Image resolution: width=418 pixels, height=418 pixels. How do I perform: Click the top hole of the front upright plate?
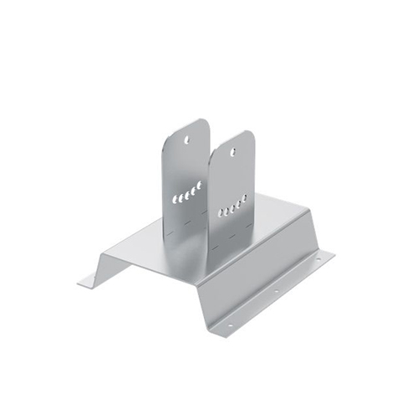tap(235, 144)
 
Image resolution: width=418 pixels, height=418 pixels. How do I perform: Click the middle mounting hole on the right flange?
tap(277, 292)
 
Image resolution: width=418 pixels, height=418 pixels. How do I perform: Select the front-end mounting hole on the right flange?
tap(233, 322)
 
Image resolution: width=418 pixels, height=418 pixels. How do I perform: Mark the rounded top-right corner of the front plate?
tap(249, 135)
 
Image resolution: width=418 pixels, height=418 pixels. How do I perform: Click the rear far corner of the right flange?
tap(334, 252)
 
